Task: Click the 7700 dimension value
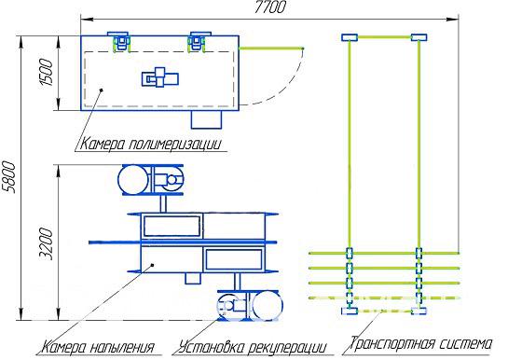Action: (x=269, y=7)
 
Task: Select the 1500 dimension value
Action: (x=46, y=72)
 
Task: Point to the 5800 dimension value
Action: (x=8, y=177)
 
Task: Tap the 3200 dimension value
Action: (x=46, y=243)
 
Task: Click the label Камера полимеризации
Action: (x=151, y=144)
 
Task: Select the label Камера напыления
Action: (x=99, y=347)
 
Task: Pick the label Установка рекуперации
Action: (x=252, y=347)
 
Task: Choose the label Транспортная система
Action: (x=420, y=343)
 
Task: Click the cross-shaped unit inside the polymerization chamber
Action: (x=160, y=77)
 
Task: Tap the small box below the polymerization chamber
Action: (x=206, y=119)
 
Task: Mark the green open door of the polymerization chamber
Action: (x=271, y=48)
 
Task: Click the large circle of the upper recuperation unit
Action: (x=134, y=180)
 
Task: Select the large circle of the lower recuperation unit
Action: (x=268, y=306)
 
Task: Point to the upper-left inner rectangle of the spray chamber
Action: (x=172, y=227)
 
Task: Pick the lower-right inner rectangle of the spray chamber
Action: (x=234, y=259)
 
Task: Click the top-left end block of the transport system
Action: (x=350, y=37)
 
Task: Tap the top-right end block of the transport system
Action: (x=419, y=37)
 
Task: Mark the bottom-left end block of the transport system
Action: (x=350, y=312)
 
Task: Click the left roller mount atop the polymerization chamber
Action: (x=119, y=41)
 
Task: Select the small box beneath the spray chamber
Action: (x=193, y=278)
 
